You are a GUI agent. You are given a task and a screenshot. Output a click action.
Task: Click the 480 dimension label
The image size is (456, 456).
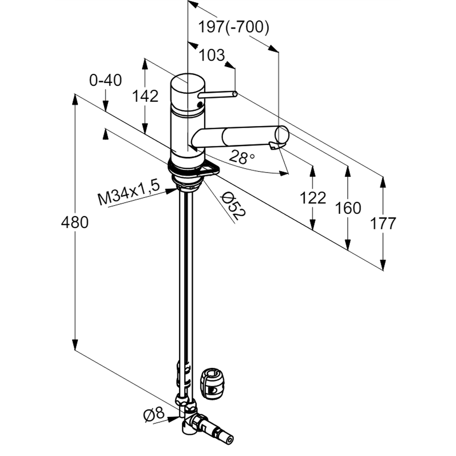click(x=74, y=223)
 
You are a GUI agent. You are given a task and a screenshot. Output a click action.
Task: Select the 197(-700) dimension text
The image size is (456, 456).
click(x=233, y=28)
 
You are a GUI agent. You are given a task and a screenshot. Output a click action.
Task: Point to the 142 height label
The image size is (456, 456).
click(x=145, y=96)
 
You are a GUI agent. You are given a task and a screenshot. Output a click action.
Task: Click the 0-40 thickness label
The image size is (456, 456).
click(x=105, y=81)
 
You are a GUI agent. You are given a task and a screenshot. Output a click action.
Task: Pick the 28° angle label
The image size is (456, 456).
click(x=242, y=158)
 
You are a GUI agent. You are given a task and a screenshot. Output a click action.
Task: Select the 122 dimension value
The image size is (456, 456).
click(x=313, y=197)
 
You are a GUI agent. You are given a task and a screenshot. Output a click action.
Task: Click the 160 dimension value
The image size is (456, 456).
click(x=347, y=208)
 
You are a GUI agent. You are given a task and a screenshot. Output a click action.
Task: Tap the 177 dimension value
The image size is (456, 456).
click(x=383, y=223)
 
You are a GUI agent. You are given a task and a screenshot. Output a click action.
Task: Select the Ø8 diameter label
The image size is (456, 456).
click(x=153, y=415)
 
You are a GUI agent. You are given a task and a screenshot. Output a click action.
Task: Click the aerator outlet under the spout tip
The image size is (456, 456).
click(x=275, y=145)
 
